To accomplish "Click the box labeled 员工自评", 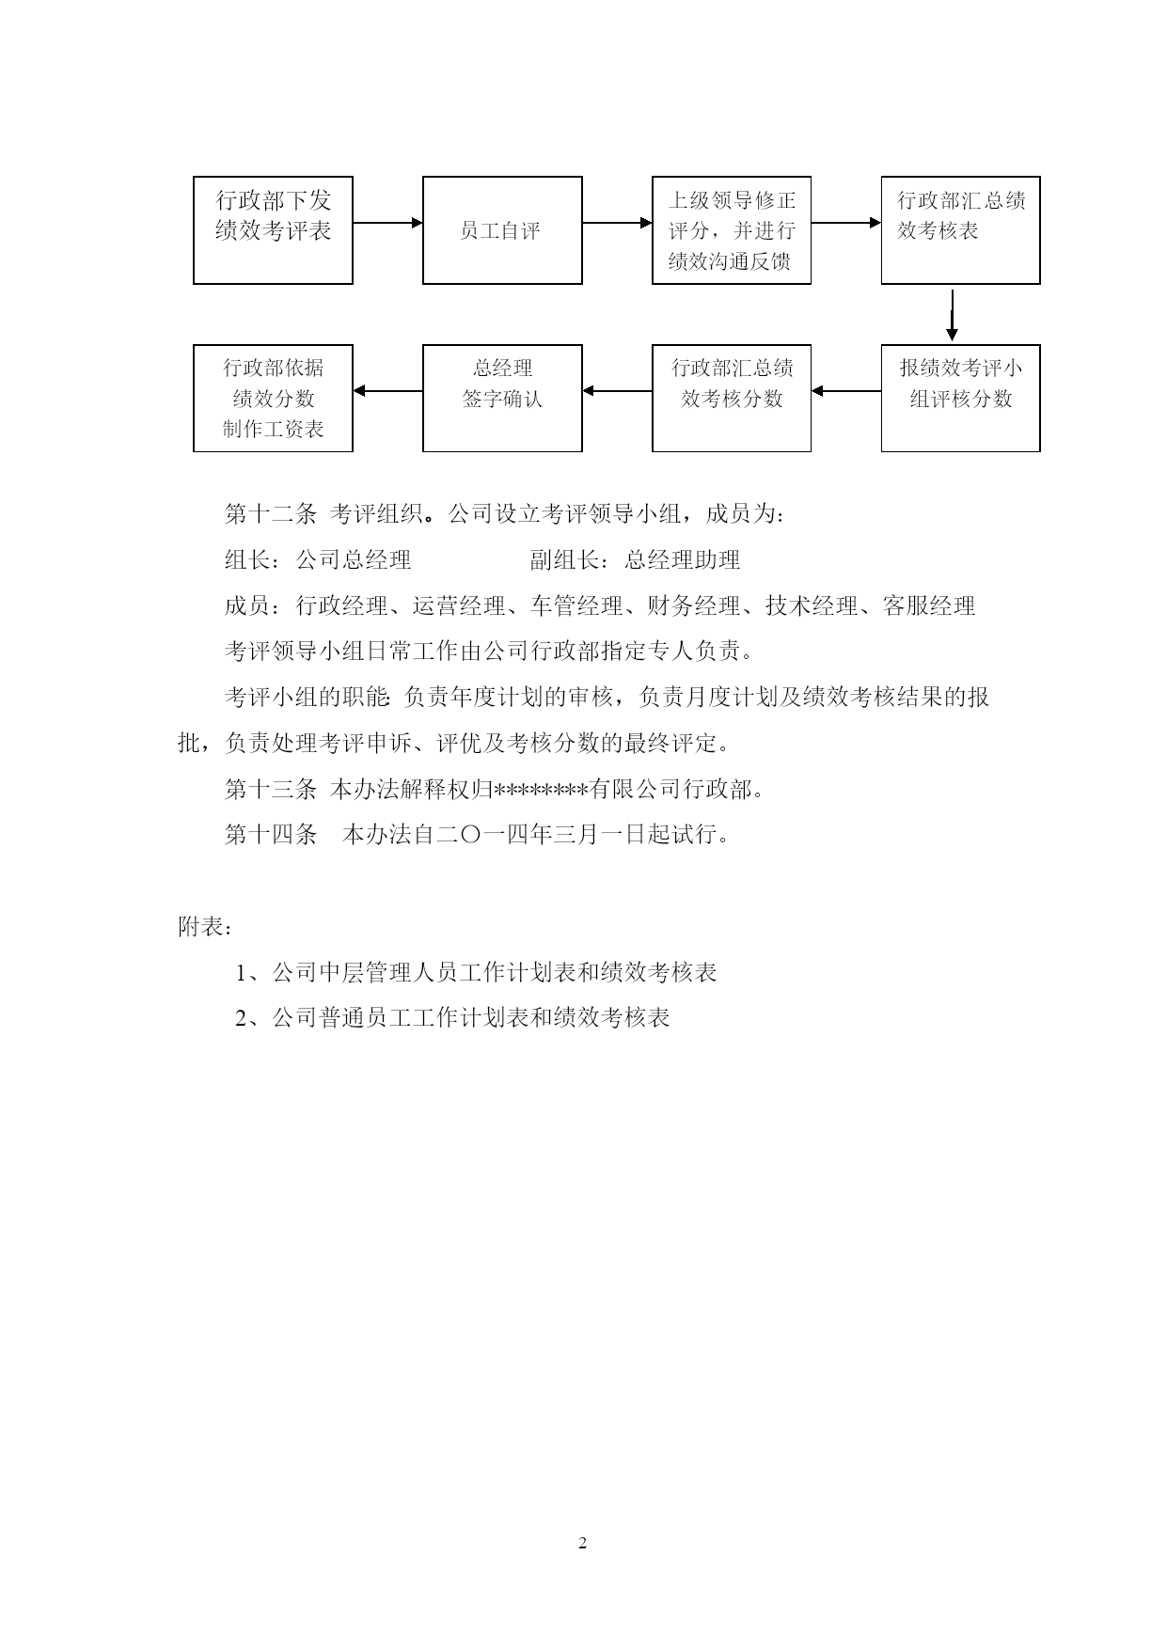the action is coord(502,230).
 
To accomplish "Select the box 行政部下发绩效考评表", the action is coord(273,230).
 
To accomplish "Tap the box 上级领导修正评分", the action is coord(732,230).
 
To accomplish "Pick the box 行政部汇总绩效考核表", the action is coord(960,230).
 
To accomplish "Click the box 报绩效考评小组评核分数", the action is coord(960,399).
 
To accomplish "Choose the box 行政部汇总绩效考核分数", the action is coord(732,399).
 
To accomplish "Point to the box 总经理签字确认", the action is coord(502,399).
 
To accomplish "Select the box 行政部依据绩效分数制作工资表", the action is coord(273,399).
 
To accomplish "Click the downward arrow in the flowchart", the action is coord(953,315).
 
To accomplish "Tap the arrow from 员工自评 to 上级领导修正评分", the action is coord(617,223).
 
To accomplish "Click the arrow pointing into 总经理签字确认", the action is coord(617,391).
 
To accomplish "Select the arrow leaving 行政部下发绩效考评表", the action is coord(387,223).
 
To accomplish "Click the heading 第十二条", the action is coord(271,514).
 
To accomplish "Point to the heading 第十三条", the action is coord(271,790).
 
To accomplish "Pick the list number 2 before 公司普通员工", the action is coord(241,1018).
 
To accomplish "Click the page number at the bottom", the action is coord(583,1543).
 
